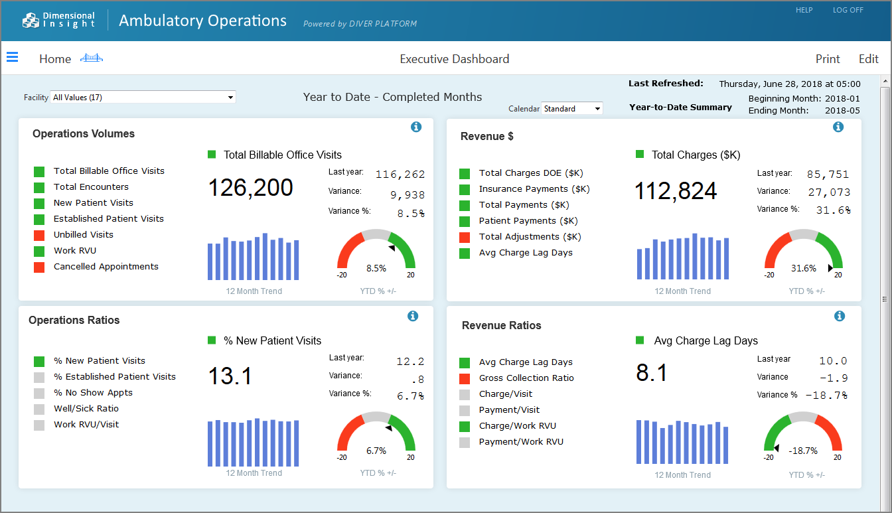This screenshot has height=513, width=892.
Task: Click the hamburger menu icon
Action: point(12,58)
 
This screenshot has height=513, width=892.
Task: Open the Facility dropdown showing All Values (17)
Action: point(143,98)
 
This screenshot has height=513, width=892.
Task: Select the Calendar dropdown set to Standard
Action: point(572,108)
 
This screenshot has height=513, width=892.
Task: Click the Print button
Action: point(828,59)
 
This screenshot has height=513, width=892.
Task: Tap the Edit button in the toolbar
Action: point(868,59)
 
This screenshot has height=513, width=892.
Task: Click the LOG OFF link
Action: point(848,10)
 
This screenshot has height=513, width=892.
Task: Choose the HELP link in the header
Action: point(804,10)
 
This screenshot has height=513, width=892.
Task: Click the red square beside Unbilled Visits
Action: point(39,235)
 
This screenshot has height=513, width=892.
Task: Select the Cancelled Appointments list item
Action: point(106,267)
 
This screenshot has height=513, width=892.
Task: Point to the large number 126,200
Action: point(250,188)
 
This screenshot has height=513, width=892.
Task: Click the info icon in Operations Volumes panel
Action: point(416,127)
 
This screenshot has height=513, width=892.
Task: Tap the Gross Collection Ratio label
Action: point(526,378)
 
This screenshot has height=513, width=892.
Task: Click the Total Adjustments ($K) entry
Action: point(530,237)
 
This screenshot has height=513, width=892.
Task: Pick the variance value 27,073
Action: point(828,192)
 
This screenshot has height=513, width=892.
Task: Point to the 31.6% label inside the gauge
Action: point(803,269)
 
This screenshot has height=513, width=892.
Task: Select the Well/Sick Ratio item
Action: point(86,409)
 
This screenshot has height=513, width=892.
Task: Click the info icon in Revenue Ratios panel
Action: point(840,316)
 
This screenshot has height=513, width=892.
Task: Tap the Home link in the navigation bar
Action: point(55,59)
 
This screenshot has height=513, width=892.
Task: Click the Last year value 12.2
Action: point(409,362)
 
